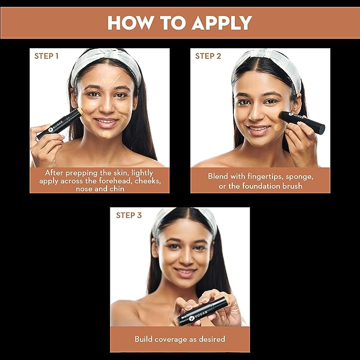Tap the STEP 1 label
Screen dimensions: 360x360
tap(46, 56)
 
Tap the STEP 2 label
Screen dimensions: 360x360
tap(208, 56)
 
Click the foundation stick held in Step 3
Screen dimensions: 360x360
tap(204, 311)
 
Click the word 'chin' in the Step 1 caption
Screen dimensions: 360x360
tap(116, 189)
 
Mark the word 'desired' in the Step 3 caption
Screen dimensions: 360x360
tap(212, 339)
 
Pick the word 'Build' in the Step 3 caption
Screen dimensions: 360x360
tap(145, 339)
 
